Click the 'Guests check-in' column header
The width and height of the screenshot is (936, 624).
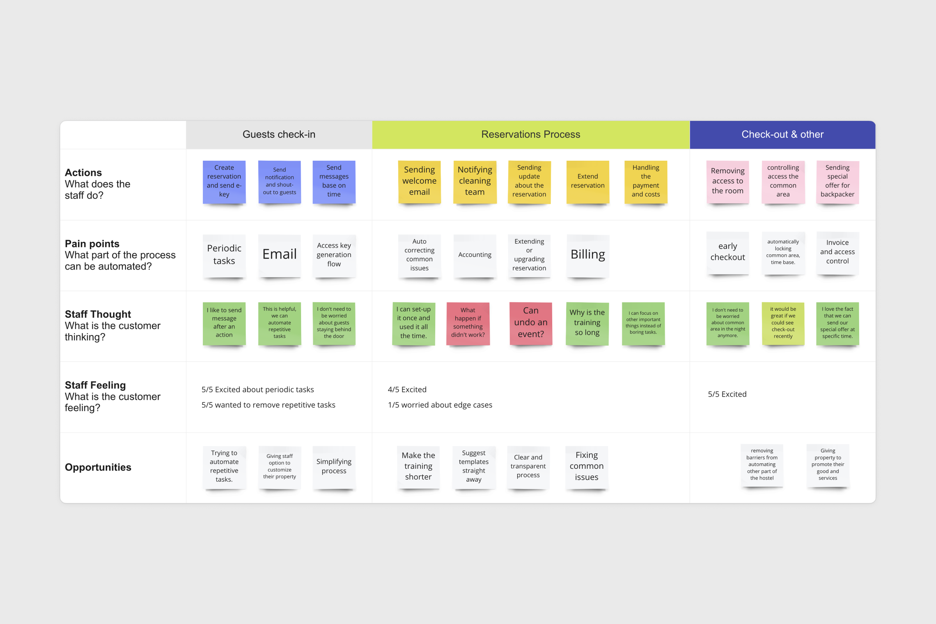(x=278, y=135)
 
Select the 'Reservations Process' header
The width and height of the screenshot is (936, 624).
(x=530, y=135)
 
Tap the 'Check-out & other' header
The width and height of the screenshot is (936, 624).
(x=782, y=135)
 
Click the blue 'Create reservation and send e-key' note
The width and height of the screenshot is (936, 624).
(x=224, y=181)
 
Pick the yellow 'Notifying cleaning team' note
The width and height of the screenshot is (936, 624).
(x=475, y=181)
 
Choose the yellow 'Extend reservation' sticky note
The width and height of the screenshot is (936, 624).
(x=587, y=181)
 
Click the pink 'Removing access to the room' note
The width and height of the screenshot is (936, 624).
(x=727, y=181)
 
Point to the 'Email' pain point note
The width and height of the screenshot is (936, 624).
(x=279, y=255)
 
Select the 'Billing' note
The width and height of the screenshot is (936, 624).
(x=588, y=255)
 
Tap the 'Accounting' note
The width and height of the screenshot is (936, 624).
(x=475, y=255)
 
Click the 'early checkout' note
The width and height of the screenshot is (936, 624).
(x=727, y=252)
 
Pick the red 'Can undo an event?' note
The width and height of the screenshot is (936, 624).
(x=530, y=323)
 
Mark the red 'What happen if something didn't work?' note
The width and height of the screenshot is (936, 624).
(x=468, y=323)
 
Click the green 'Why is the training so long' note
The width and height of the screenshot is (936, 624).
(x=587, y=323)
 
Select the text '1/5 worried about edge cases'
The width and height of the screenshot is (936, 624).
(x=440, y=405)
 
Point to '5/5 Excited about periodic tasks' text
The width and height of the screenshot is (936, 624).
(x=257, y=390)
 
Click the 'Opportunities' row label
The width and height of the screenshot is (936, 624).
(x=98, y=467)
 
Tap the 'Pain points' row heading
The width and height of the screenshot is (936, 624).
(x=92, y=243)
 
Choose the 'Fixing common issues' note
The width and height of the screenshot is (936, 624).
(x=587, y=466)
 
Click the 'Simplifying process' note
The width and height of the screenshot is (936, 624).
(x=334, y=466)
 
